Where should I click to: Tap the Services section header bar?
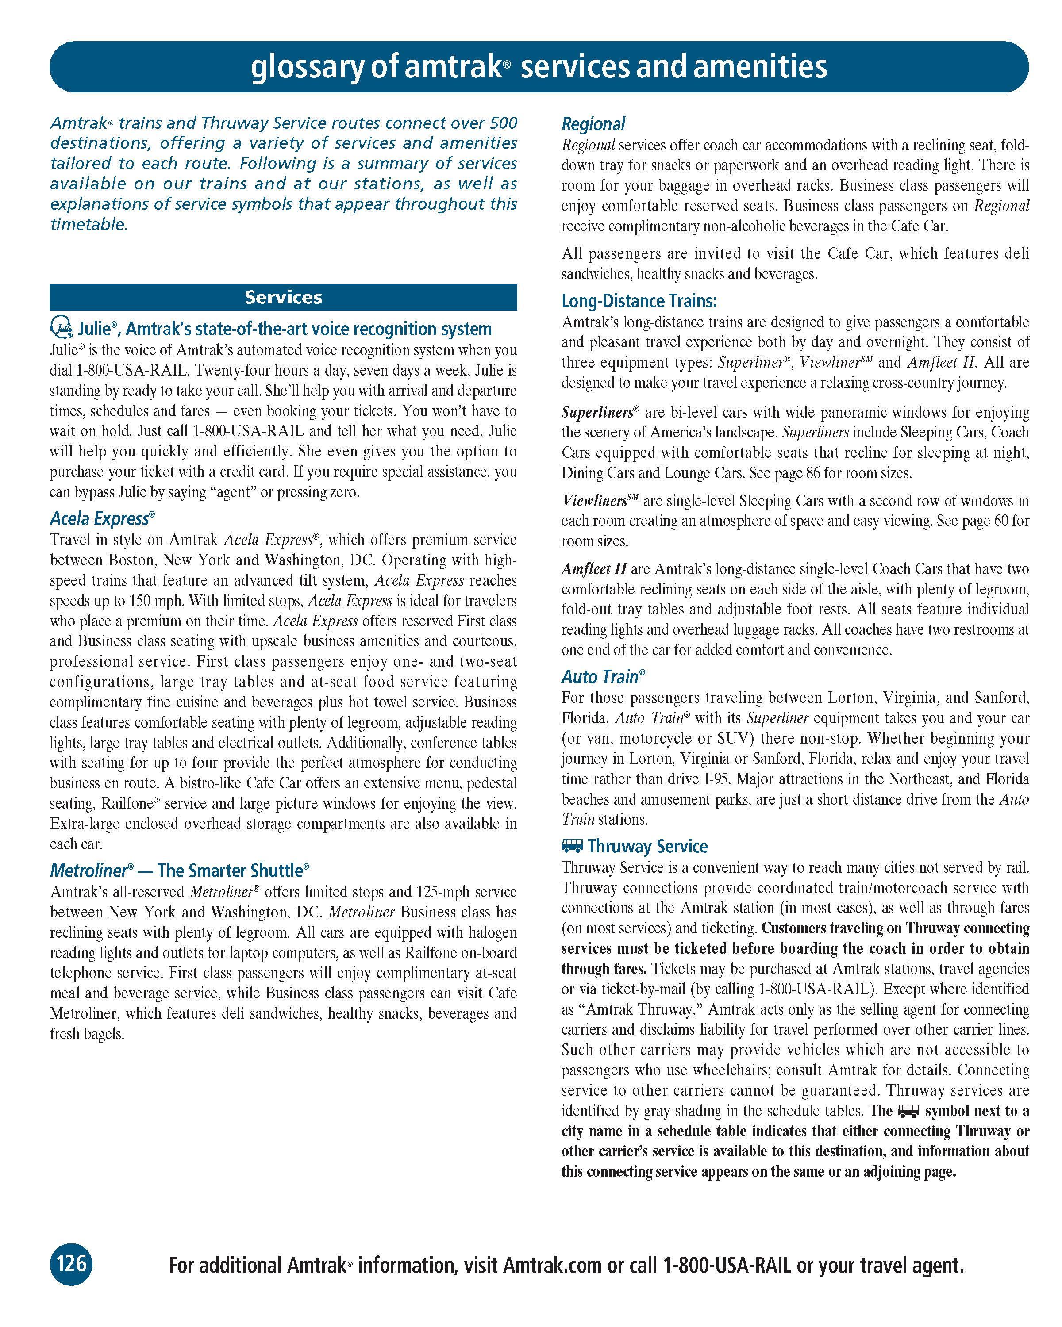click(283, 297)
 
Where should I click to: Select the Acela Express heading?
click(102, 518)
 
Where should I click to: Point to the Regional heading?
click(593, 124)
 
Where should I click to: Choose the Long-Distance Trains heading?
click(639, 301)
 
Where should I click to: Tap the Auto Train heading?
click(603, 677)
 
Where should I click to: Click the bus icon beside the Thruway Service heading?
click(572, 846)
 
